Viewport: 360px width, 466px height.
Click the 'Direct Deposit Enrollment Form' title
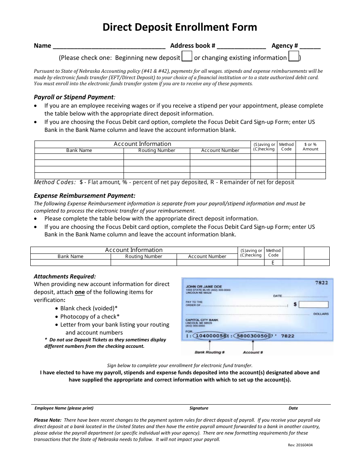click(180, 27)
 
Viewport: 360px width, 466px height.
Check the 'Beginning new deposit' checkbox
click(187, 57)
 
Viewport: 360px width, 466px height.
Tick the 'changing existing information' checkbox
click(294, 57)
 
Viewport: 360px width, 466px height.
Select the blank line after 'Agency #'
click(310, 46)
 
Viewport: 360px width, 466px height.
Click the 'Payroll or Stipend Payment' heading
click(74, 97)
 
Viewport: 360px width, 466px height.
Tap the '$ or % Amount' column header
click(310, 147)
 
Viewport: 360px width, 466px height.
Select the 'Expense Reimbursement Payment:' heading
click(85, 195)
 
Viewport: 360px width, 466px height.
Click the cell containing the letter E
click(273, 262)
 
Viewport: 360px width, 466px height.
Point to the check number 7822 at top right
click(321, 283)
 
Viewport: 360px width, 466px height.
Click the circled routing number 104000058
click(210, 336)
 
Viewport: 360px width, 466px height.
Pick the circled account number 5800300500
click(253, 336)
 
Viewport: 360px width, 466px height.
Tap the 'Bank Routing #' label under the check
click(210, 352)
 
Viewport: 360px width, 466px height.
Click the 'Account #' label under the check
click(253, 352)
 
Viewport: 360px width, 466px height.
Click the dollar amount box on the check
click(315, 304)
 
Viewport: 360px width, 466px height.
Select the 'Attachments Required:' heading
click(65, 276)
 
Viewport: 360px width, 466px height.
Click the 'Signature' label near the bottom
click(199, 408)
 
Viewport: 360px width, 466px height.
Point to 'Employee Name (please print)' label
click(64, 408)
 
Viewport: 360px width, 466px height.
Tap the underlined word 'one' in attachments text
click(80, 292)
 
